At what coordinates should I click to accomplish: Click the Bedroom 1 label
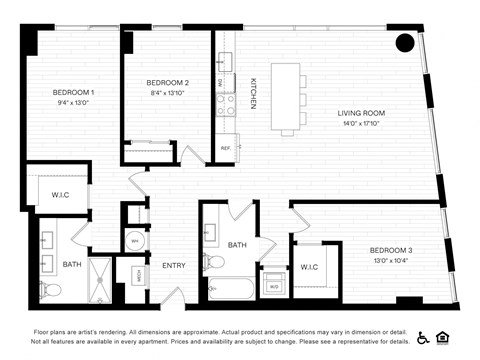74,93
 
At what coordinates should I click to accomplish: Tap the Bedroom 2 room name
167,82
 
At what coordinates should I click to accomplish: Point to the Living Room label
361,114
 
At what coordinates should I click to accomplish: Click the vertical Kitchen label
253,93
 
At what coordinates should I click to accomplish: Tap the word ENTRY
174,265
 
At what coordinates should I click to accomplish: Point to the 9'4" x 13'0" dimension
74,103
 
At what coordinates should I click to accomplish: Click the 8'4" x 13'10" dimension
167,93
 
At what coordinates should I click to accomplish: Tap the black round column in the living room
404,43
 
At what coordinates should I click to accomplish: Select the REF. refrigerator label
225,148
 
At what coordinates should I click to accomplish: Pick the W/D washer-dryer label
273,286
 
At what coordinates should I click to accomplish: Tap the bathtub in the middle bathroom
231,291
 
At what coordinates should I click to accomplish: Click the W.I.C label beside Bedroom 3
308,267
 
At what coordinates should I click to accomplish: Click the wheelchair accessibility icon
423,338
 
